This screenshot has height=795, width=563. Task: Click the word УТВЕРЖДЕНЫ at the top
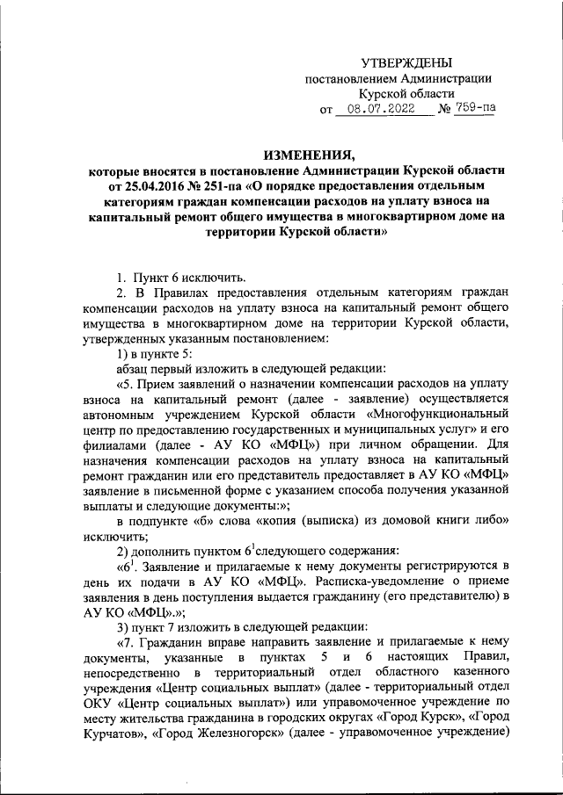[x=406, y=62]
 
